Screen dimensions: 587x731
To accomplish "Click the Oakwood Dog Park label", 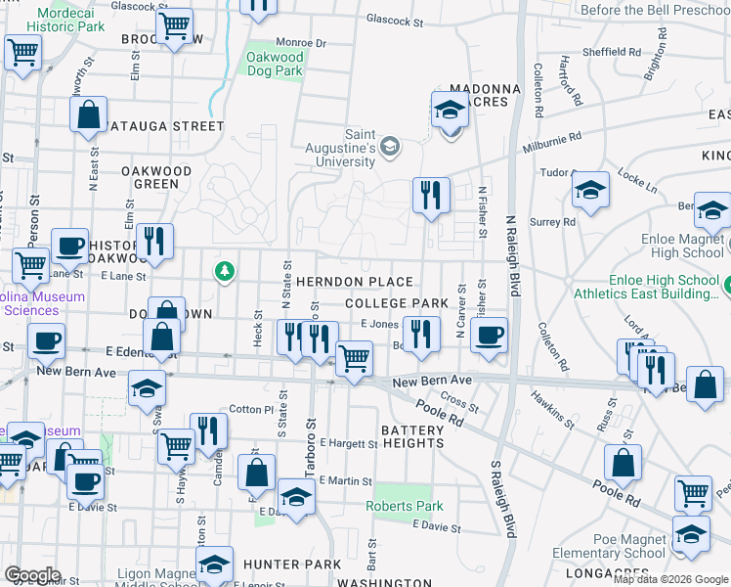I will tap(275, 64).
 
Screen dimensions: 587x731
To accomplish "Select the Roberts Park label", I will tap(405, 506).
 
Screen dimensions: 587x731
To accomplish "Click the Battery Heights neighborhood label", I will tap(412, 436).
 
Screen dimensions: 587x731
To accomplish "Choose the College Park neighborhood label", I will tap(395, 304).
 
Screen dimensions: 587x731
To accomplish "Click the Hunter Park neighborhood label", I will tap(292, 564).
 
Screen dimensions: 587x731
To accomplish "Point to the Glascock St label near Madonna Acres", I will tap(401, 20).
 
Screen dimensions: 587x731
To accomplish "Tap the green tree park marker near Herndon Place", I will tap(226, 270).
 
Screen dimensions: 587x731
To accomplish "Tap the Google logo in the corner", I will tap(32, 575).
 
